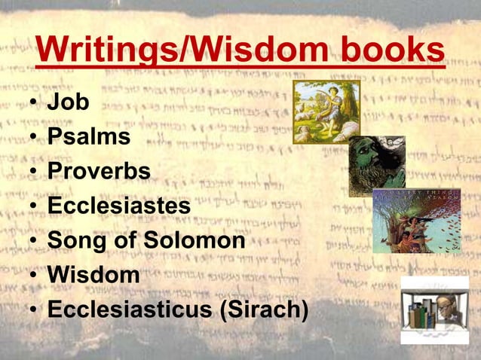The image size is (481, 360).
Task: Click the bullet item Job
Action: click(68, 102)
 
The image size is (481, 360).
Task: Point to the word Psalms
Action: click(89, 136)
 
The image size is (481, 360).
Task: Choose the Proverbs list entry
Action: click(99, 171)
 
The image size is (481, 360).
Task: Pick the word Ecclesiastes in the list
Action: click(119, 206)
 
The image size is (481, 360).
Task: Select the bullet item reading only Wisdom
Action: click(93, 275)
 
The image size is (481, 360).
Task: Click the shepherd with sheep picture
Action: click(326, 111)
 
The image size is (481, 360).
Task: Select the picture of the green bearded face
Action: click(376, 166)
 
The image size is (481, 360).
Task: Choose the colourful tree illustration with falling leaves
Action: click(416, 220)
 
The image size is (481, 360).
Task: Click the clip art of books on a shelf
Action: click(422, 313)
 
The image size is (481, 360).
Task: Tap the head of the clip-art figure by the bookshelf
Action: click(451, 298)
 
